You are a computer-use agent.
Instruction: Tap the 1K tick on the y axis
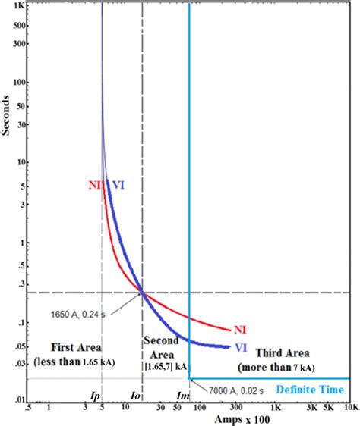click(18, 5)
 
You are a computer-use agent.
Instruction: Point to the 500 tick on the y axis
click(17, 25)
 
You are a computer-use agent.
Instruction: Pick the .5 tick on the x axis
click(28, 408)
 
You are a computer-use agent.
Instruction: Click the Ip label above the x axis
click(96, 395)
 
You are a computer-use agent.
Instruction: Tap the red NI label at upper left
click(95, 183)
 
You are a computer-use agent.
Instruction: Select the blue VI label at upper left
click(118, 183)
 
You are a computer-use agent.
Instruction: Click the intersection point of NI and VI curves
click(142, 292)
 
